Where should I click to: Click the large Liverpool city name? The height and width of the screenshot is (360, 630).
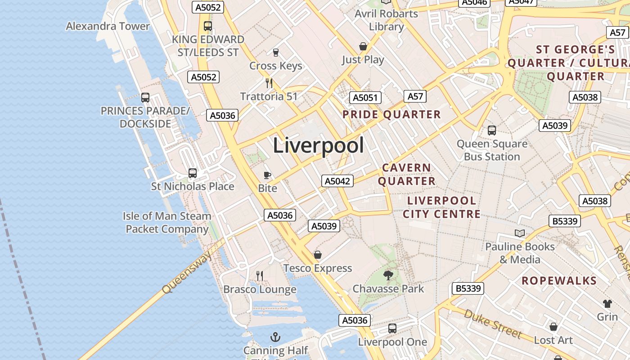coord(318,146)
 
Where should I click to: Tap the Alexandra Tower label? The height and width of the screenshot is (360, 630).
coord(108,26)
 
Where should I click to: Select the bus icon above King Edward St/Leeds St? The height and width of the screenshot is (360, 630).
coord(207,26)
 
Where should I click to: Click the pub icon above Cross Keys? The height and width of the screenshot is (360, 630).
coord(276,53)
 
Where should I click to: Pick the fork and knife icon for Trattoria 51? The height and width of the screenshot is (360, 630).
coord(269,83)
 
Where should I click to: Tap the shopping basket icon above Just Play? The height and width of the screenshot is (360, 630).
coord(363,46)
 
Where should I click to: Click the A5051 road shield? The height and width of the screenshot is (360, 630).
coord(365,98)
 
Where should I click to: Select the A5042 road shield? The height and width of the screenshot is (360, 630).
coord(337,181)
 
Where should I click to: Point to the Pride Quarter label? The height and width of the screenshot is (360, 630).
coord(391,114)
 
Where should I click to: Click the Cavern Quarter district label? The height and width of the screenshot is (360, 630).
coord(407,174)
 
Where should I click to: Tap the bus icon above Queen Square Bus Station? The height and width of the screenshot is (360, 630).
coord(492,130)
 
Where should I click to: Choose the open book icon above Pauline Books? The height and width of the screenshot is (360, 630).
coord(520,233)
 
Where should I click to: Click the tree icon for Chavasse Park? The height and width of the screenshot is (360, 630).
coord(388,275)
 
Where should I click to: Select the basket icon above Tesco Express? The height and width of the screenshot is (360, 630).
coord(318,255)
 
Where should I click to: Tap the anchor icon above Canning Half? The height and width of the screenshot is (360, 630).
coord(275,337)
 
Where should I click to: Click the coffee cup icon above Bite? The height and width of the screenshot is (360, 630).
coord(267,175)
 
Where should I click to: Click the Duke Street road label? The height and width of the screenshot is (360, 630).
coord(493,323)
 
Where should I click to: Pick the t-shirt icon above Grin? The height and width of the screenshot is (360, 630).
coord(607,303)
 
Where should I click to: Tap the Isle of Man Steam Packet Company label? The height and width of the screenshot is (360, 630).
coord(167,222)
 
